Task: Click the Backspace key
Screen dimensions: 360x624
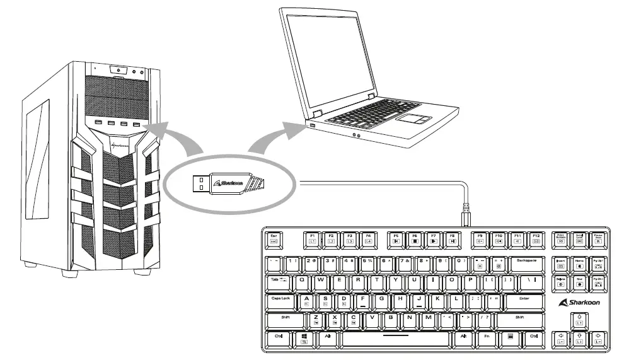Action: point(526,260)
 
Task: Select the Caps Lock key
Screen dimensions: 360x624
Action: point(280,299)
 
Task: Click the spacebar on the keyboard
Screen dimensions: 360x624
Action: point(395,338)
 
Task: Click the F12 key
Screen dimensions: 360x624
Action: point(536,238)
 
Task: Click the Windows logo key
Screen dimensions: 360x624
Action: point(304,338)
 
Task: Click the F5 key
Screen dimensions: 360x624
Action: point(395,238)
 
